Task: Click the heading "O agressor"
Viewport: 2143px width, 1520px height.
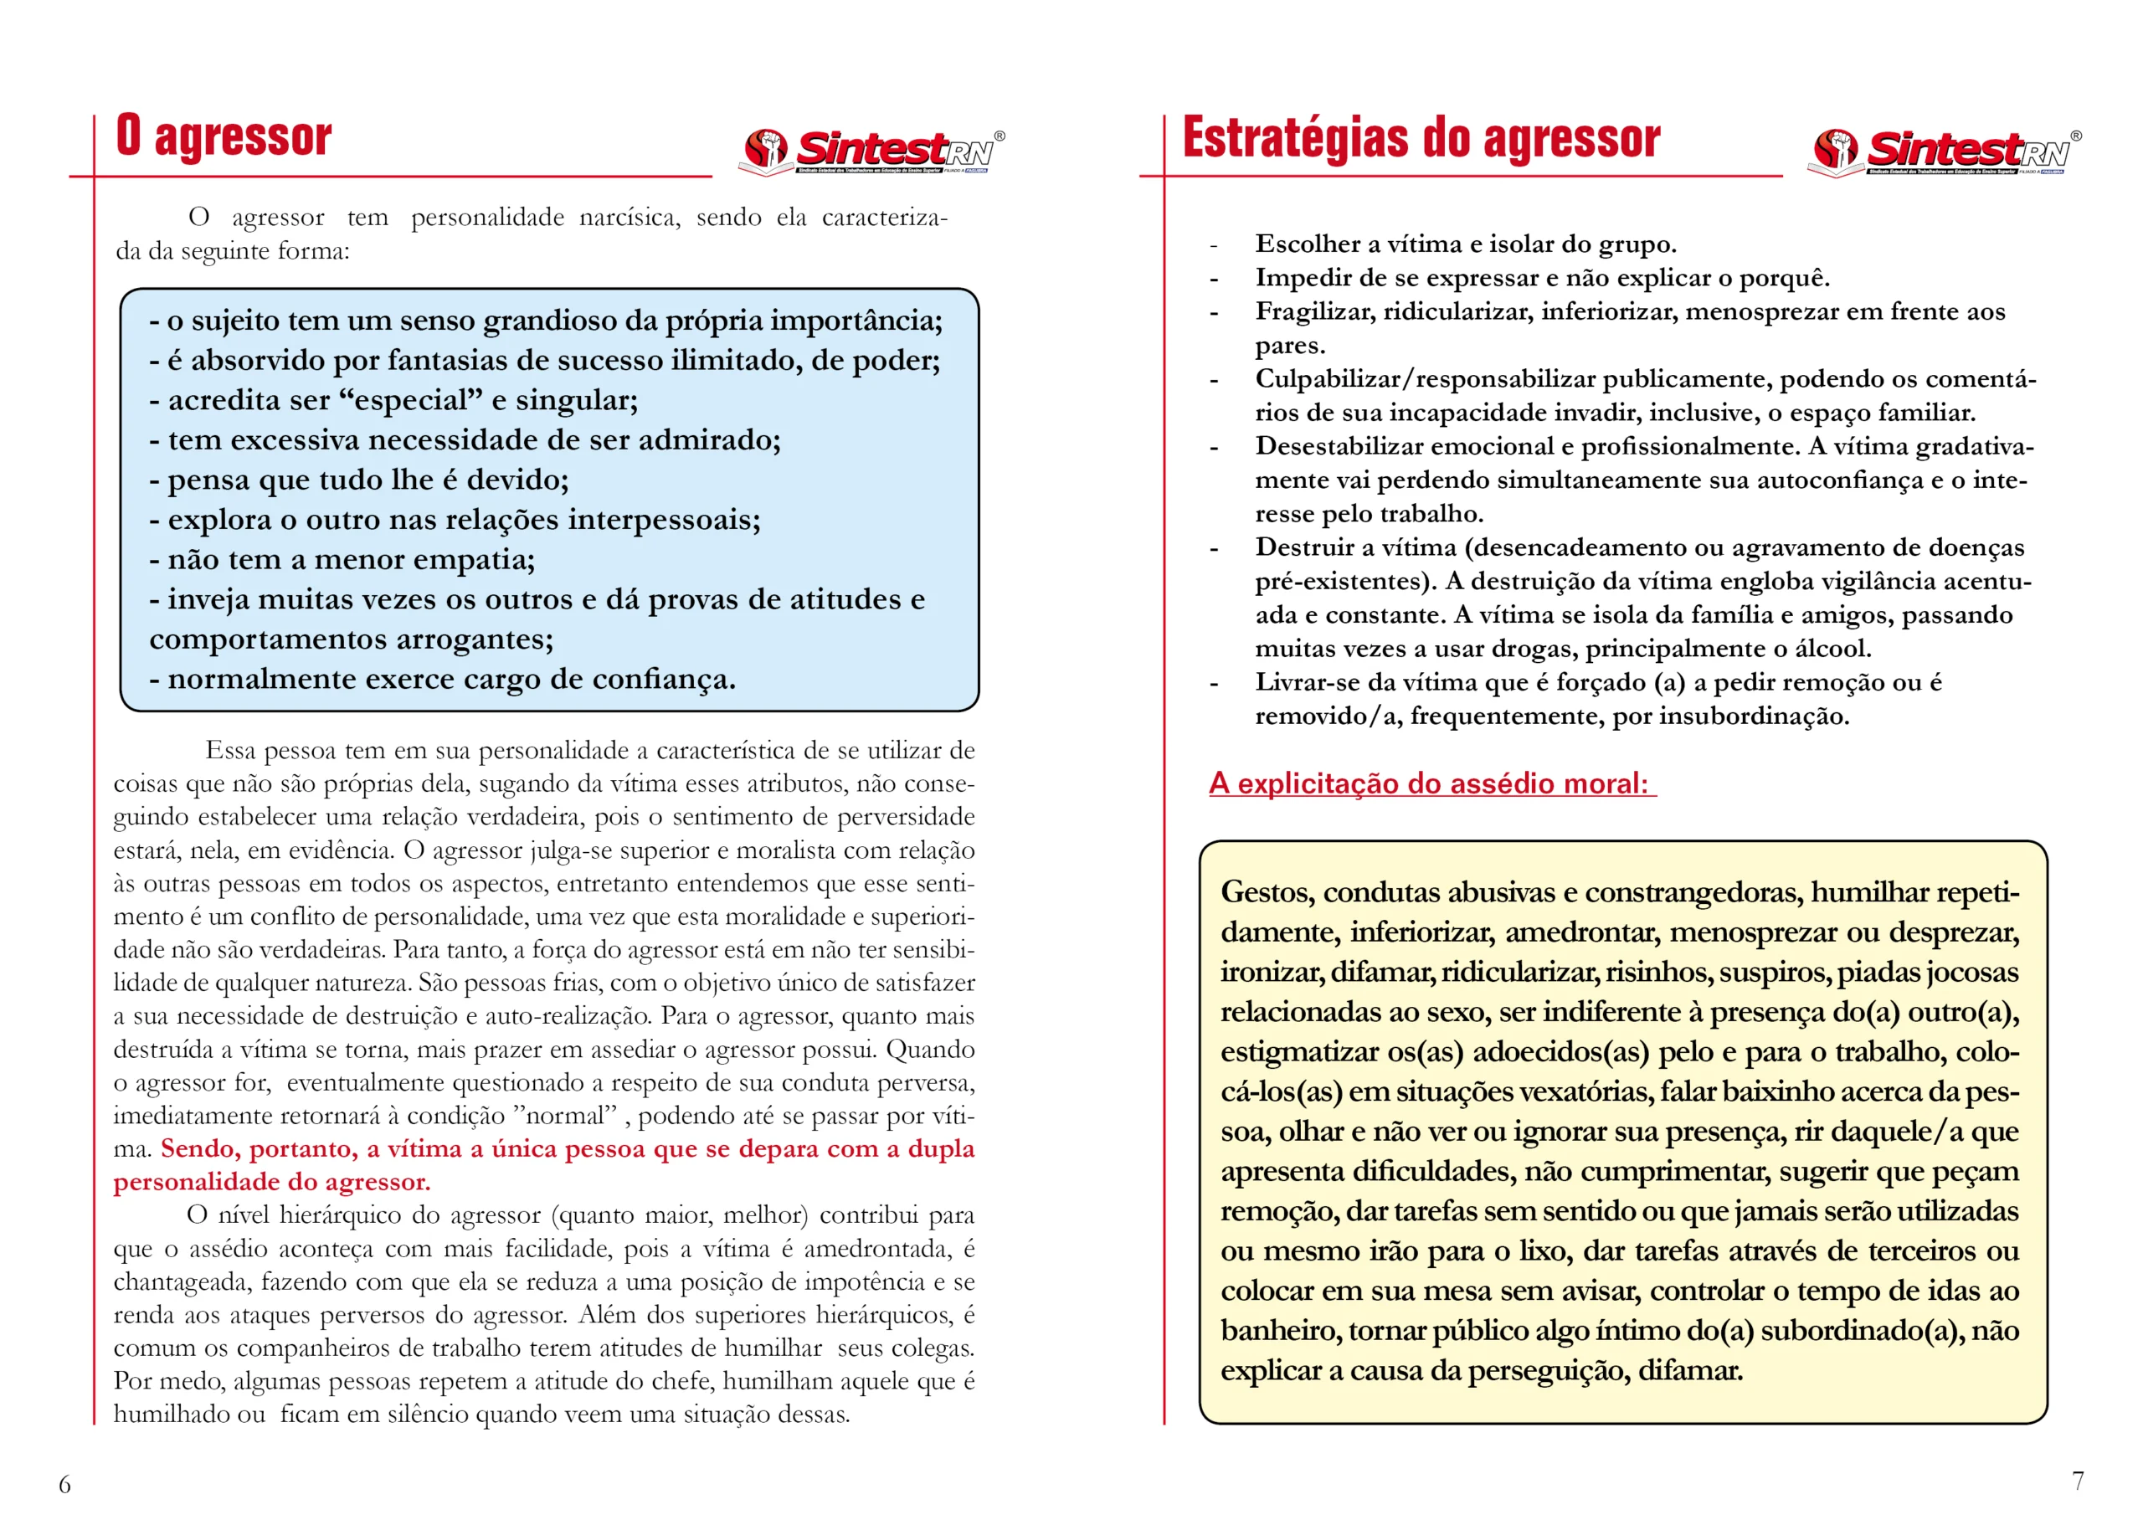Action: [x=224, y=137]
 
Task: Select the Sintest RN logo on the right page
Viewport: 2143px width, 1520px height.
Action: [x=1947, y=151]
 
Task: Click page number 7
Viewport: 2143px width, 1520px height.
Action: [x=2078, y=1481]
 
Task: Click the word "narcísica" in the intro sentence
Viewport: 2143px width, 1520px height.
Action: [x=629, y=217]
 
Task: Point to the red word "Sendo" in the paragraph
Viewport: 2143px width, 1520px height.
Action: [x=197, y=1149]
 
